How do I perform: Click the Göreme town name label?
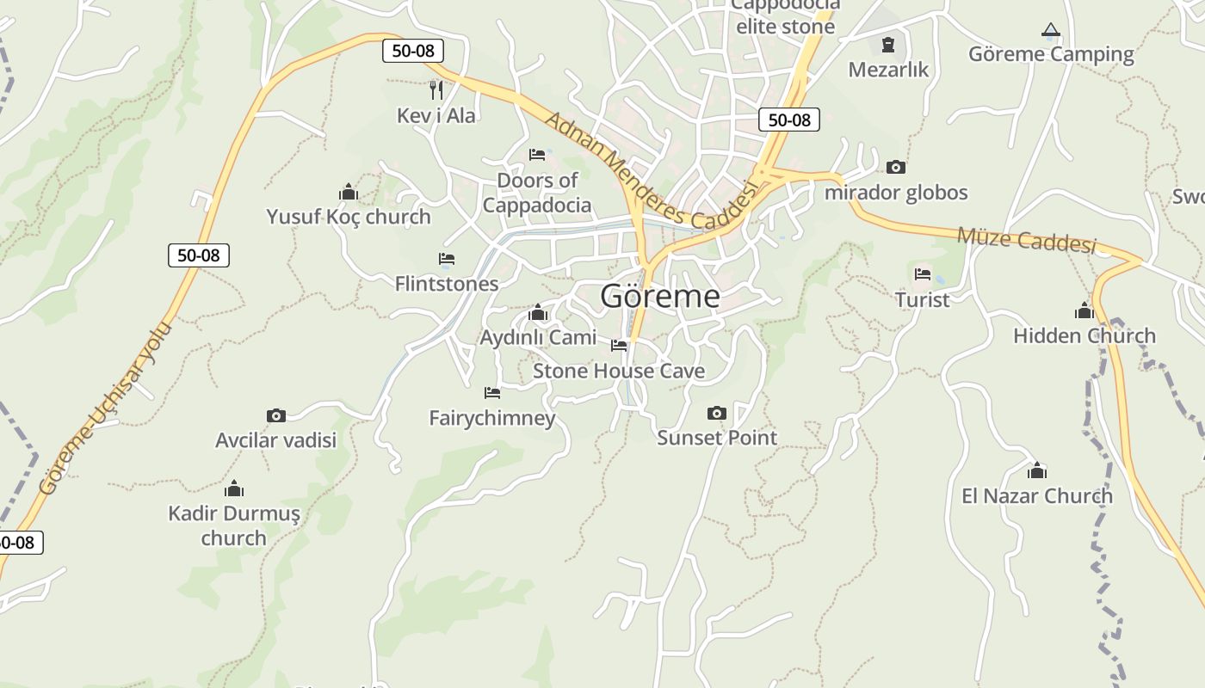(660, 296)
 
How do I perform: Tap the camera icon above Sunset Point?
(716, 414)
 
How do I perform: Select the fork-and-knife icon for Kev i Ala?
(436, 89)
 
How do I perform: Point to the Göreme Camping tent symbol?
(1050, 31)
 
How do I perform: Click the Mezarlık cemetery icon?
(888, 44)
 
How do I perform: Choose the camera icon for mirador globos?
(896, 167)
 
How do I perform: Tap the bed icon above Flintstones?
(446, 258)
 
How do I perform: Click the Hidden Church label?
(1084, 335)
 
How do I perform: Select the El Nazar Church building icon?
(1037, 470)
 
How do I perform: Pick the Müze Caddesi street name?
(1026, 240)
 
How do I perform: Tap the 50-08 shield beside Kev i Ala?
(413, 51)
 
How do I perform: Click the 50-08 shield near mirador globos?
(789, 120)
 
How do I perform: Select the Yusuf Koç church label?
(348, 217)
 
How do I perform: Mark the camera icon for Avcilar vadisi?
(275, 416)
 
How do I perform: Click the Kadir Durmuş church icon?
(234, 489)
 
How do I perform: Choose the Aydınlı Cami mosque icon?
(538, 311)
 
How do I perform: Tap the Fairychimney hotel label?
(492, 418)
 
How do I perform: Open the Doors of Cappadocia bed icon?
(537, 155)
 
